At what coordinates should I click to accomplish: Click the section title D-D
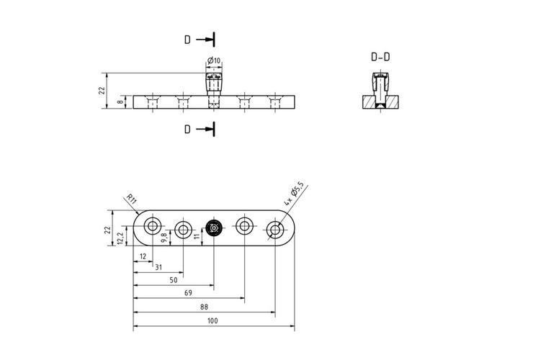pyautogui.click(x=380, y=57)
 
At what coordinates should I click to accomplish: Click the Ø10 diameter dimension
pyautogui.click(x=214, y=61)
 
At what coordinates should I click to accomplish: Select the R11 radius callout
pyautogui.click(x=131, y=199)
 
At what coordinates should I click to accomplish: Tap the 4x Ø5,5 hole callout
pyautogui.click(x=294, y=194)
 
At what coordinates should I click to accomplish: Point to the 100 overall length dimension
pyautogui.click(x=212, y=320)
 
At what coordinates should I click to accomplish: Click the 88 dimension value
pyautogui.click(x=204, y=307)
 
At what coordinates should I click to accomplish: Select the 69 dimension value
pyautogui.click(x=188, y=293)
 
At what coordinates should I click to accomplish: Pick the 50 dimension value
pyautogui.click(x=174, y=280)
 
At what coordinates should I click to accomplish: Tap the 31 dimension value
pyautogui.click(x=158, y=268)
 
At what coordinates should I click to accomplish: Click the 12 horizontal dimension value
pyautogui.click(x=143, y=256)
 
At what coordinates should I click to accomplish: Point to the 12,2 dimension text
pyautogui.click(x=120, y=238)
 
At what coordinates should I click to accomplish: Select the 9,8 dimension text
pyautogui.click(x=164, y=238)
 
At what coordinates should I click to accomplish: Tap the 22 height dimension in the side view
pyautogui.click(x=102, y=91)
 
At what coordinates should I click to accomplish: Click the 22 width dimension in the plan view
pyautogui.click(x=108, y=230)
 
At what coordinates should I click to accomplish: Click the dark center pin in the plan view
pyautogui.click(x=214, y=228)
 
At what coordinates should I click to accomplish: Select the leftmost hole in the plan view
pyautogui.click(x=152, y=226)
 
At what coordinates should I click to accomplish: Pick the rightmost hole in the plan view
pyautogui.click(x=275, y=230)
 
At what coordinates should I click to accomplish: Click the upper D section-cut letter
pyautogui.click(x=188, y=40)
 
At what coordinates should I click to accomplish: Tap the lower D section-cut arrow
pyautogui.click(x=205, y=129)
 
